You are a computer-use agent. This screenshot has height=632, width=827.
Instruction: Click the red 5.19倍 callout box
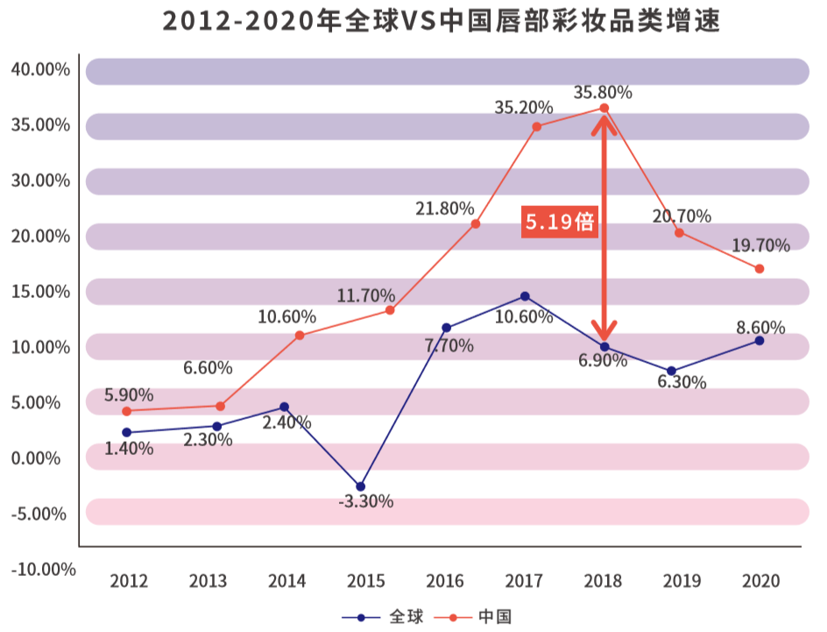[560, 222]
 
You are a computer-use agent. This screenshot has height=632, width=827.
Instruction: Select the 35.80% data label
[603, 92]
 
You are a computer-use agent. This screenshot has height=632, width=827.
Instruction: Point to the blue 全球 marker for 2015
[360, 486]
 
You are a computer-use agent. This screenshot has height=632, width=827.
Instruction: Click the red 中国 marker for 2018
[604, 109]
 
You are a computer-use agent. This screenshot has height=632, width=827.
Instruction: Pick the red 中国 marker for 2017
[525, 126]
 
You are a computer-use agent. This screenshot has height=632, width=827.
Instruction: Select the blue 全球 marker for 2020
[760, 340]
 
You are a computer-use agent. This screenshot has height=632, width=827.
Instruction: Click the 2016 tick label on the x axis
[444, 581]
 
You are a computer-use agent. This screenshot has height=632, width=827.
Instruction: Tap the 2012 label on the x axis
[129, 581]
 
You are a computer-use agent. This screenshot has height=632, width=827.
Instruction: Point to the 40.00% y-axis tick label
[40, 70]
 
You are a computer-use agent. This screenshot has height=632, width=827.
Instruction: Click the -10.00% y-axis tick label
[43, 569]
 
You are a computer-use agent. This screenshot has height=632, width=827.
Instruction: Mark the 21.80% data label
[445, 209]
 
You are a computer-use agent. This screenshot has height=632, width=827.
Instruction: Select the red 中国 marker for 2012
[127, 411]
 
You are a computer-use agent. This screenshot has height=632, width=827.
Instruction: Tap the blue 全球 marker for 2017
[525, 296]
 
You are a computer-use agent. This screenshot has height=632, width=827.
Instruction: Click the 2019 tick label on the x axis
[681, 581]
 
